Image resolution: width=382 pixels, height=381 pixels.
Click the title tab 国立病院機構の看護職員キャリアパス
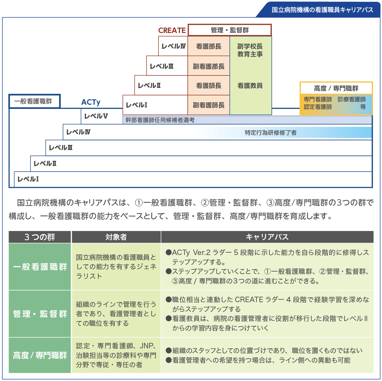(322, 10)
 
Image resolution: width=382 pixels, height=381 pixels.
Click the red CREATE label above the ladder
(172, 30)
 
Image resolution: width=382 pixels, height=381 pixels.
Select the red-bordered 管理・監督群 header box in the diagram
(229, 30)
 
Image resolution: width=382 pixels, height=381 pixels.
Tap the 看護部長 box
(209, 46)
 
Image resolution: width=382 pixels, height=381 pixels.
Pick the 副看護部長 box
(209, 66)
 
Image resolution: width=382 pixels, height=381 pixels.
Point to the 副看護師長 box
(209, 105)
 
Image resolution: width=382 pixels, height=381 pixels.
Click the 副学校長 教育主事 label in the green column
(250, 50)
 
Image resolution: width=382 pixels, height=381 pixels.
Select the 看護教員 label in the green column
(250, 86)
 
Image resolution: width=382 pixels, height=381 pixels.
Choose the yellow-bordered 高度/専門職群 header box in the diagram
(336, 88)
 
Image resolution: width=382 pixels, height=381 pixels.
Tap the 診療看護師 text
(351, 99)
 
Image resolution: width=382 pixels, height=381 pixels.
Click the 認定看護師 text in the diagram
(318, 107)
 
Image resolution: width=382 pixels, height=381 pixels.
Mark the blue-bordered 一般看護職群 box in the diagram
(34, 101)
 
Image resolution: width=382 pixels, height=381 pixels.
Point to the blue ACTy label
(91, 102)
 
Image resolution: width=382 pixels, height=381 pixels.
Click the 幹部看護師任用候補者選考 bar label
(160, 120)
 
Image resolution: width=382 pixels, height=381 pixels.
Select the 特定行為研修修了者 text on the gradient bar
(271, 133)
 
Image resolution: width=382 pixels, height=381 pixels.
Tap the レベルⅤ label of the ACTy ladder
(96, 116)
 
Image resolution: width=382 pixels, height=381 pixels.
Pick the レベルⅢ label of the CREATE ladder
(161, 66)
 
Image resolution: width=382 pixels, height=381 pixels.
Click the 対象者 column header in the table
(116, 237)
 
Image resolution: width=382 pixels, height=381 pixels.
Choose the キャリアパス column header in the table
(267, 237)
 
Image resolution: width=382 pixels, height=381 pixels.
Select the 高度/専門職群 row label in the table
(40, 355)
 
